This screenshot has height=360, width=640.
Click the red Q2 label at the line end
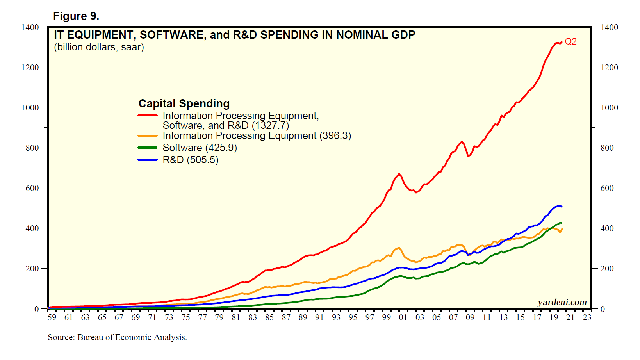click(570, 41)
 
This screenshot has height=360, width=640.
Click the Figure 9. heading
click(76, 16)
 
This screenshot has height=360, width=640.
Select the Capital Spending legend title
click(184, 103)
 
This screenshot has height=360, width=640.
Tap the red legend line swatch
click(148, 116)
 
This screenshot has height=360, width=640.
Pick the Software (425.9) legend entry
click(200, 148)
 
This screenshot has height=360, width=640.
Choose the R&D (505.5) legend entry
click(191, 160)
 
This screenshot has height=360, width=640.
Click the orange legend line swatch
click(148, 135)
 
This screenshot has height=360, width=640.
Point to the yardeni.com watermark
click(562, 302)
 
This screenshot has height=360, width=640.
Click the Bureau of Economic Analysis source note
click(117, 337)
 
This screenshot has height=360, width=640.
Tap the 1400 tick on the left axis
click(30, 27)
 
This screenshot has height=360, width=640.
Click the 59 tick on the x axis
click(52, 317)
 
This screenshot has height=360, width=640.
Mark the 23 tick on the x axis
click(587, 317)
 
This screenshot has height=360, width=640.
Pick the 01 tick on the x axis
click(403, 317)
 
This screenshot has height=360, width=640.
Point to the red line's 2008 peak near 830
click(462, 142)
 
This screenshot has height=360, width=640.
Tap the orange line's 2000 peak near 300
click(399, 248)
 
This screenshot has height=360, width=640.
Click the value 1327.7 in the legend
click(270, 126)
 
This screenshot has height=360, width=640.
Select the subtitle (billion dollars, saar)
click(99, 47)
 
